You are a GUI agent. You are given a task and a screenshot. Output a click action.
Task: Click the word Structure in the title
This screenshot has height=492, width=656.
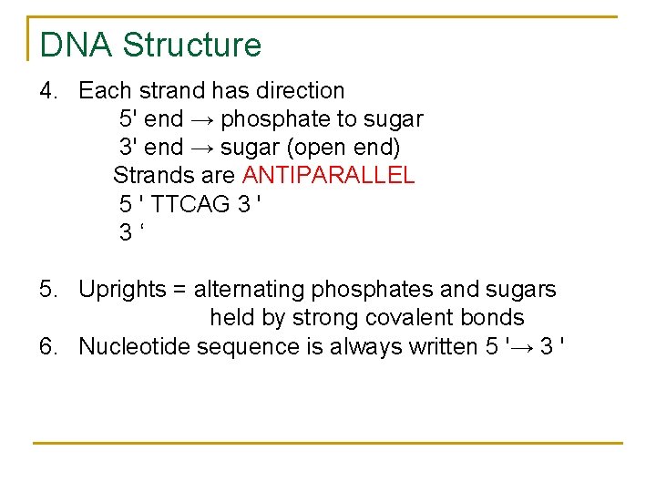191,45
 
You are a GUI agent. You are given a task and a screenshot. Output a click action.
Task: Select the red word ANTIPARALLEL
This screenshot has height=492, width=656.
328,175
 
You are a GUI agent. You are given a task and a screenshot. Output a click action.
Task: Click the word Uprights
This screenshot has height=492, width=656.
122,290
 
